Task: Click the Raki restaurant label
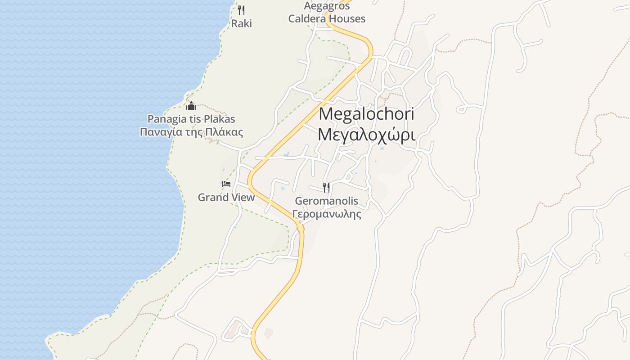tap(242, 23)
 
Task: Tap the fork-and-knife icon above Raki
tap(241, 10)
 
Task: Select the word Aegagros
tap(327, 6)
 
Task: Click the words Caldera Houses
tap(327, 19)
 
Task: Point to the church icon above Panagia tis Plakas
tap(191, 106)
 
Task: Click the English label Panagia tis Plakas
tap(191, 119)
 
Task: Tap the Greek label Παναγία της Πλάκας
tap(191, 132)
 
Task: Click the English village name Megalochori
tap(366, 114)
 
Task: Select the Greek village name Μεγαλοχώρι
tap(366, 135)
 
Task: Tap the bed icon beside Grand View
tap(226, 184)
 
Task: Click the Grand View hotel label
tap(226, 198)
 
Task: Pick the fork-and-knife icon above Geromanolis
tap(327, 187)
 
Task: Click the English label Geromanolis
tap(327, 201)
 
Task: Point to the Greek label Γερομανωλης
tap(327, 214)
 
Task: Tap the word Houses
tap(346, 19)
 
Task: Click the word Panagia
tap(165, 119)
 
